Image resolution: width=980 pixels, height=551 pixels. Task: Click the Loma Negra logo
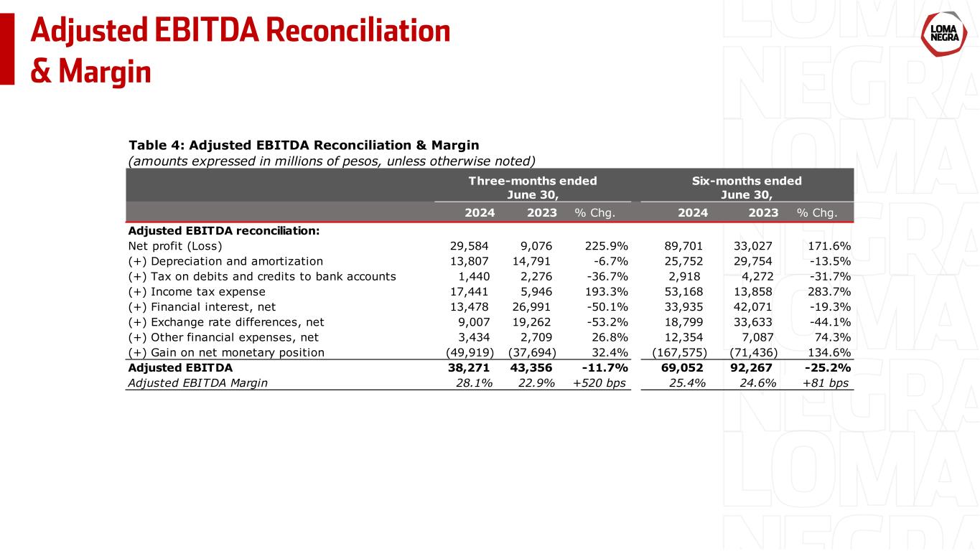[941, 34]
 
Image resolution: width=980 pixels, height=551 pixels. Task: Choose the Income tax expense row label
[197, 291]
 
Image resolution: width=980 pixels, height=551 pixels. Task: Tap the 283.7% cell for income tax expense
[830, 291]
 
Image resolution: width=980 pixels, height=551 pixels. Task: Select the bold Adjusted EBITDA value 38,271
[471, 367]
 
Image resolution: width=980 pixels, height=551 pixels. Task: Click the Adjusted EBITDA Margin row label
[197, 382]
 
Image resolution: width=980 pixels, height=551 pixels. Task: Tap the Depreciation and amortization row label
[225, 261]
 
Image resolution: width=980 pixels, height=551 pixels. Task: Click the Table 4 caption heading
[303, 146]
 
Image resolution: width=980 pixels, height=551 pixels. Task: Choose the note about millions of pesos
[332, 160]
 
